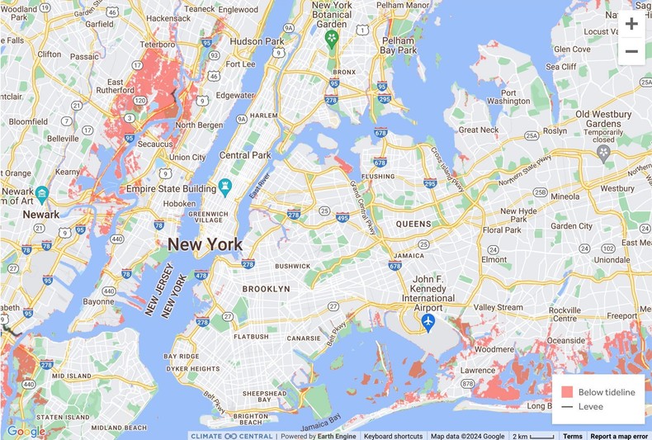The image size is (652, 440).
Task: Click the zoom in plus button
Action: tap(631, 23)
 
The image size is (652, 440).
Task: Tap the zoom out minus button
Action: tap(631, 51)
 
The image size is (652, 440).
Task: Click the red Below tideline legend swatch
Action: tap(567, 392)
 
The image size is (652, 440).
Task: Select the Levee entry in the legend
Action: tap(590, 406)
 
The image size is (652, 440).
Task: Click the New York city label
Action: tap(206, 244)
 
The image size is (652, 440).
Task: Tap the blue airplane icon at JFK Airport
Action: tap(428, 321)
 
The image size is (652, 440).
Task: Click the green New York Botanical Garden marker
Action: tap(332, 39)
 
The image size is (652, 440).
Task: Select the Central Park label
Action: tap(245, 155)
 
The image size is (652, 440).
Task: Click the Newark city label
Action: tap(41, 215)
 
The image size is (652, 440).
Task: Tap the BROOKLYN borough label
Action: tap(266, 289)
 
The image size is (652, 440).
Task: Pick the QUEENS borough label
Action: tap(413, 224)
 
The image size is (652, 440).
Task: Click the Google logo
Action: tap(26, 431)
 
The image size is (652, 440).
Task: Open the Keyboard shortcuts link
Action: tap(393, 436)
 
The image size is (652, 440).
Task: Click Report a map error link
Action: tap(619, 436)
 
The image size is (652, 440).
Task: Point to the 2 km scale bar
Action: tap(532, 436)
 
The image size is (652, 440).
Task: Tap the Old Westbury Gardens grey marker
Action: tap(603, 153)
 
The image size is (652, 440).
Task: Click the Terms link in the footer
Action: tap(572, 436)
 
